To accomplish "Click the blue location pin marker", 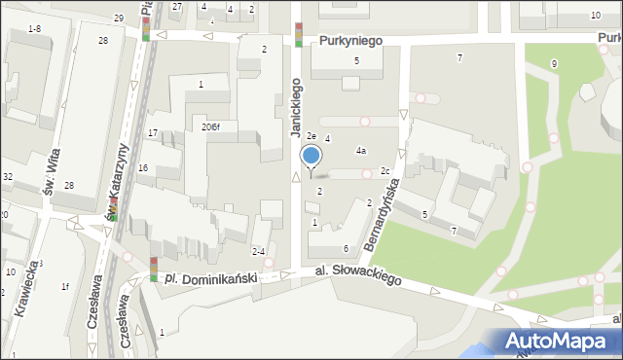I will (311, 157).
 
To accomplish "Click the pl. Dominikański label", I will (210, 278).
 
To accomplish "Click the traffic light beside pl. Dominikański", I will (154, 269).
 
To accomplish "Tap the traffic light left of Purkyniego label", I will (299, 35).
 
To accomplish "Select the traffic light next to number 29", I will (146, 28).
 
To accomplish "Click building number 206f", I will (210, 127).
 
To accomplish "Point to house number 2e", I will (311, 136).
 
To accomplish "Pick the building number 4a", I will (360, 151).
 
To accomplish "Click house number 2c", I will (385, 172).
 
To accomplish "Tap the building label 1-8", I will (34, 29).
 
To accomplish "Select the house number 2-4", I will (258, 251).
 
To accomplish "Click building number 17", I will (152, 132).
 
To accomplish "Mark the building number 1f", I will (65, 286).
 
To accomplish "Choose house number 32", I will (7, 177).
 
